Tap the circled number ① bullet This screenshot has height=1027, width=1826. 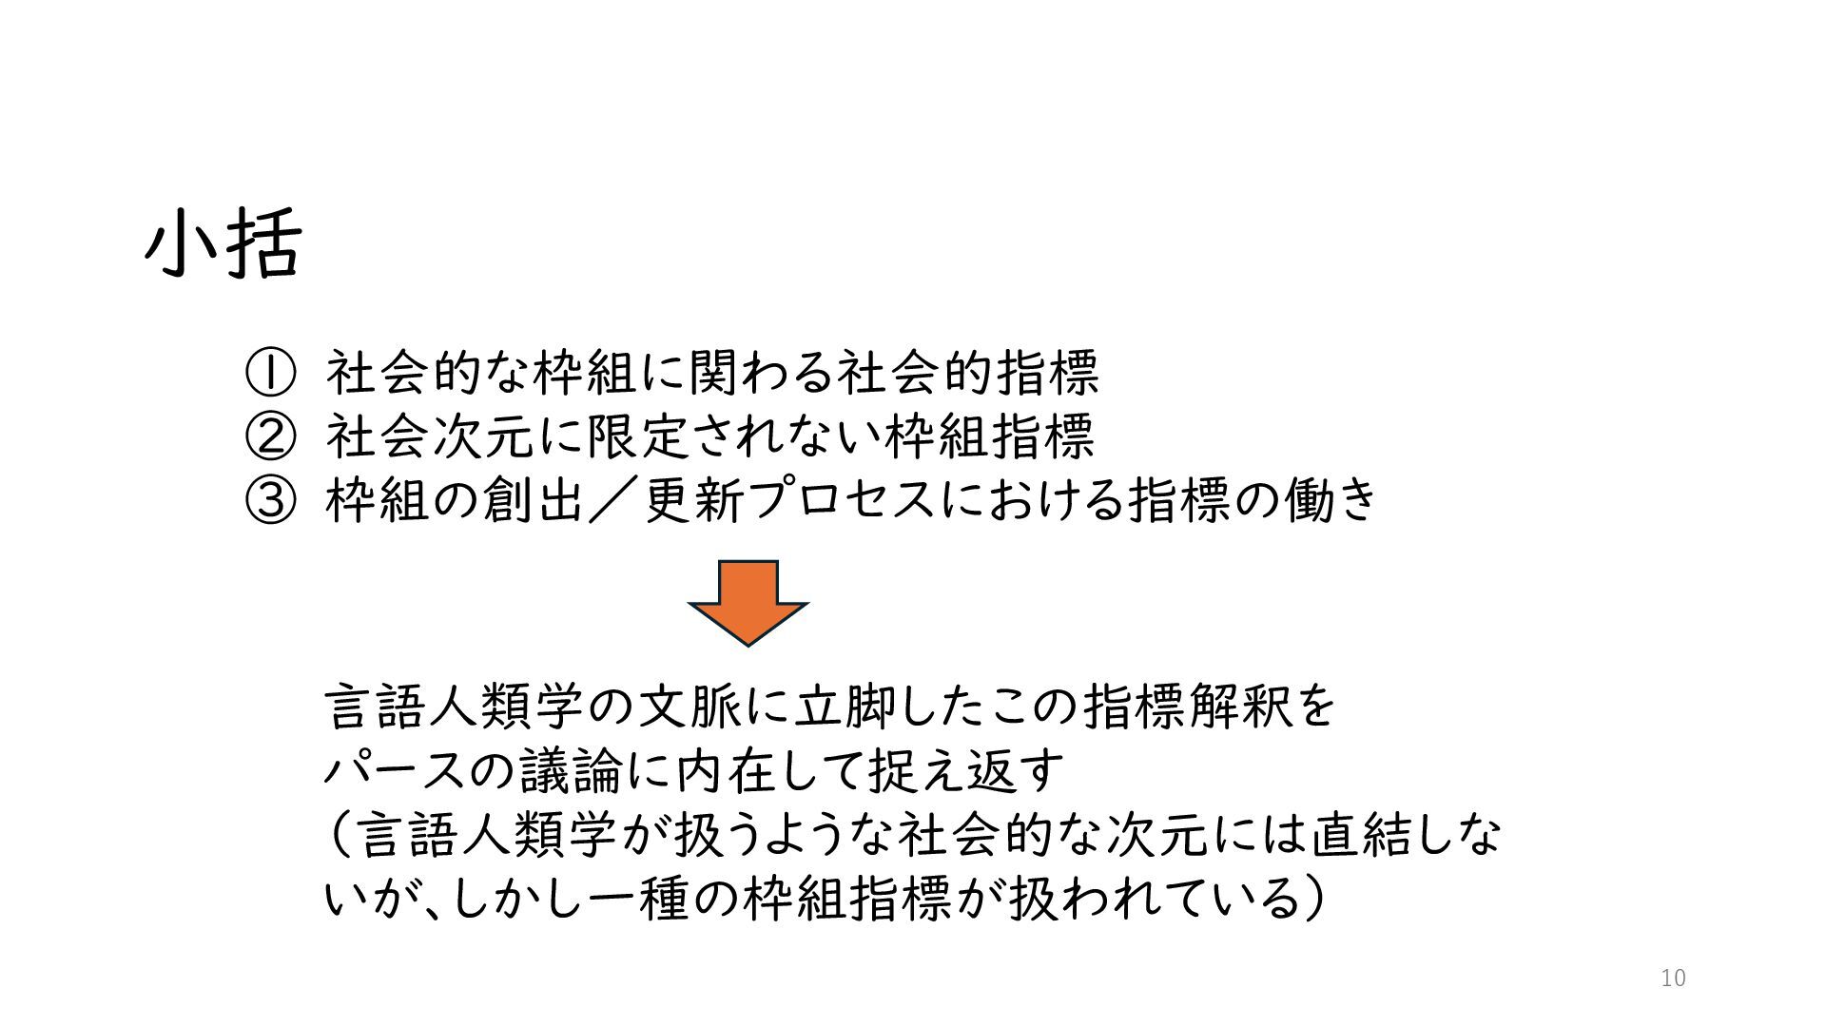270,373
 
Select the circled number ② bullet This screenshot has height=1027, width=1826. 270,436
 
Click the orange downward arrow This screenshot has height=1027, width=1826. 748,602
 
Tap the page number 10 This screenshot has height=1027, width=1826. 1673,979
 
